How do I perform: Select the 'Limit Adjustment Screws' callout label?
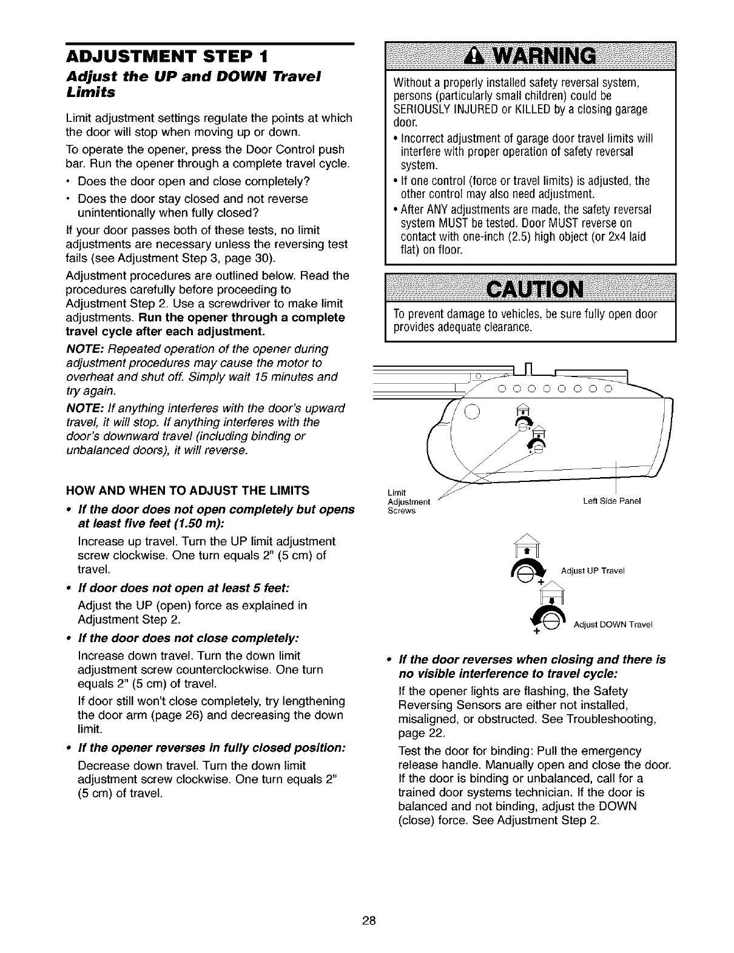click(409, 501)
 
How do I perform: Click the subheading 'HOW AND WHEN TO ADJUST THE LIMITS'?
click(187, 490)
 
